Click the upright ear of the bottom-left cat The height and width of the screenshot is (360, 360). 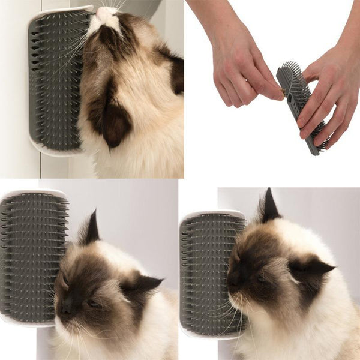point(90,228)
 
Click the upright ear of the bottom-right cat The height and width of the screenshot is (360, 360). point(269,207)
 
